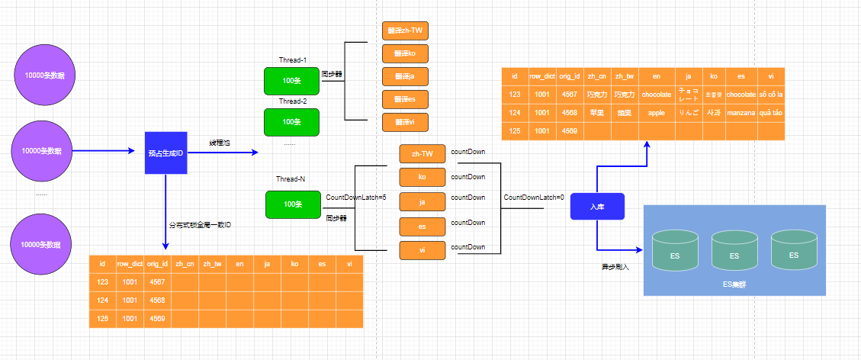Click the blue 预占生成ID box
(x=166, y=153)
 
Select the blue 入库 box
(x=597, y=206)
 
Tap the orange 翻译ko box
(x=405, y=53)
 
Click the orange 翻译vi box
(x=405, y=122)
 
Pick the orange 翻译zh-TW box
(x=405, y=31)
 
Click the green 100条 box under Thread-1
(x=291, y=81)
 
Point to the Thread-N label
(x=291, y=179)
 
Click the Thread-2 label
(x=292, y=101)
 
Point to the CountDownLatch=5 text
(x=355, y=198)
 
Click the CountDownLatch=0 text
(x=533, y=198)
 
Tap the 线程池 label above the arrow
(x=220, y=143)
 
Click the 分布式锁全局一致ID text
(x=200, y=225)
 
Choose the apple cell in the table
(x=656, y=113)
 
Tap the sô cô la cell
(x=771, y=95)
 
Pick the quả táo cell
(x=771, y=113)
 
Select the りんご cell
(x=688, y=113)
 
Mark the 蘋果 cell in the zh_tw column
(x=625, y=113)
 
